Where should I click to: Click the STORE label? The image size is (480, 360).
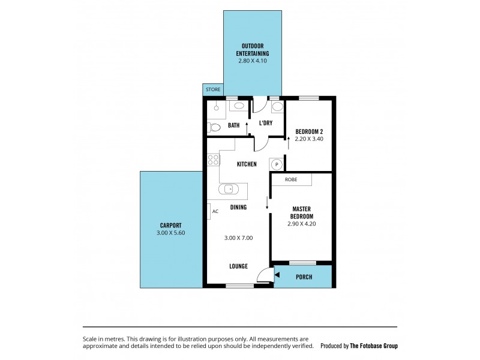coord(213,90)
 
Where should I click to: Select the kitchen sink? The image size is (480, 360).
coord(229,190)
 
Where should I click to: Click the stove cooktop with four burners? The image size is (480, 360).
coord(213,160)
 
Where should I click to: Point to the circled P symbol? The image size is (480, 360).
coord(276,164)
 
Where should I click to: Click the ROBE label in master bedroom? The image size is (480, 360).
coord(291,179)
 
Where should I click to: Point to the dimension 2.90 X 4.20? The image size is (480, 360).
coord(301,224)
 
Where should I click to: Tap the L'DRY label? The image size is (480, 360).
coord(266,123)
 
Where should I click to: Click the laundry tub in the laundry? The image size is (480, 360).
coord(277,107)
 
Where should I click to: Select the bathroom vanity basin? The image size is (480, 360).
coord(239,106)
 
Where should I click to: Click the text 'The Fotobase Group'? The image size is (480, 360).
coord(374,346)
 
